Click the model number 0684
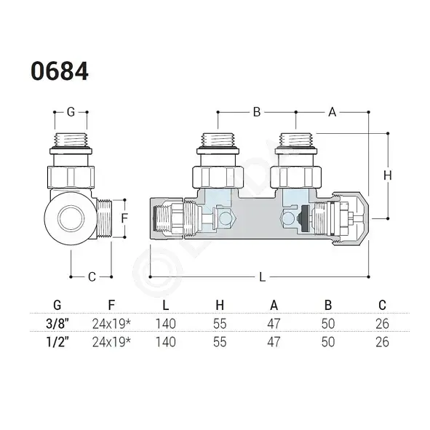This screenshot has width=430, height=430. [x=60, y=71]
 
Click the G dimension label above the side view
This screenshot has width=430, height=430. [x=71, y=112]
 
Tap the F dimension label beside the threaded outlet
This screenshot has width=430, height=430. [x=124, y=218]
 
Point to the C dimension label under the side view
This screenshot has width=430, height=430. [x=92, y=277]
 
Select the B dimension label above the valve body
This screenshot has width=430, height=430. [x=257, y=112]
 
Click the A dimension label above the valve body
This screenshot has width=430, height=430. [x=332, y=112]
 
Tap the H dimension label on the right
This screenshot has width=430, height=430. [x=388, y=175]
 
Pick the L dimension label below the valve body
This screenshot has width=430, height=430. [x=262, y=277]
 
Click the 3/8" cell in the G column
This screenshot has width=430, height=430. [x=57, y=324]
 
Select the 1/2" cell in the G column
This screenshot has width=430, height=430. [x=57, y=342]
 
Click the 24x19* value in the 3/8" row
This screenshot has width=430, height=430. [x=111, y=324]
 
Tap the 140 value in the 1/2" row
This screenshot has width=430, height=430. [x=166, y=342]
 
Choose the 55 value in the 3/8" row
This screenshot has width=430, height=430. [x=220, y=324]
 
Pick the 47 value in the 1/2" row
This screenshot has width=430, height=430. [x=274, y=342]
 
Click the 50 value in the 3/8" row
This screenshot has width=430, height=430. [x=328, y=324]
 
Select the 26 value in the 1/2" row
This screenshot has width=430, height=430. [x=382, y=342]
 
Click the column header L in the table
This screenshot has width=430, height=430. [x=166, y=305]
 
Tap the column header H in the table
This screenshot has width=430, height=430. [x=220, y=305]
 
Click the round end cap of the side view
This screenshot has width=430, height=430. [x=71, y=218]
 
